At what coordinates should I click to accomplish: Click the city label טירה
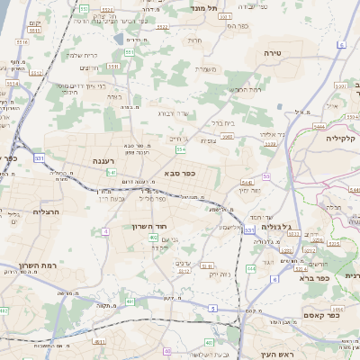pyautogui.click(x=274, y=54)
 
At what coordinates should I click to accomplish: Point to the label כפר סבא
pyautogui.click(x=181, y=172)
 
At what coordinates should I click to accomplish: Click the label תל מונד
pyautogui.click(x=206, y=8)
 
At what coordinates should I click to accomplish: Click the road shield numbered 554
pyautogui.click(x=181, y=148)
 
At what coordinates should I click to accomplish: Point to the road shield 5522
pyautogui.click(x=162, y=27)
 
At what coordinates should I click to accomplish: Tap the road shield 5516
pyautogui.click(x=22, y=42)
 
